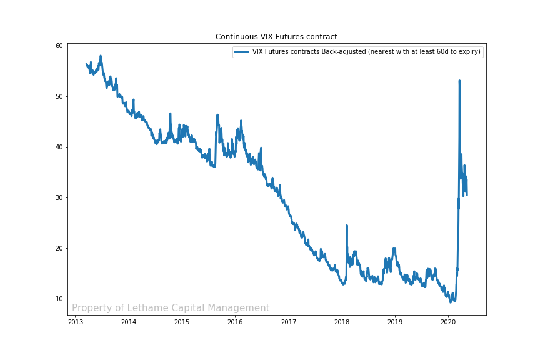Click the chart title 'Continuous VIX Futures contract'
276,37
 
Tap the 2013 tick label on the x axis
76,322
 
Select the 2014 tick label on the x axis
129,322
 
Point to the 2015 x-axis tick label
182,322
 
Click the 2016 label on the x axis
235,322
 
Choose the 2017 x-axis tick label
289,322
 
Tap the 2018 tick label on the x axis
342,322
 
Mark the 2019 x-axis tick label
395,322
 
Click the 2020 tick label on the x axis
448,322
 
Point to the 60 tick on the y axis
59,46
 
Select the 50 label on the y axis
59,96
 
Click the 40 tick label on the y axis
59,147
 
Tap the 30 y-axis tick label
59,197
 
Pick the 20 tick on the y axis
59,248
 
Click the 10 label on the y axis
59,299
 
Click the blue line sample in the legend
242,52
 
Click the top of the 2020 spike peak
459,81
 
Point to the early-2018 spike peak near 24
346,226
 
